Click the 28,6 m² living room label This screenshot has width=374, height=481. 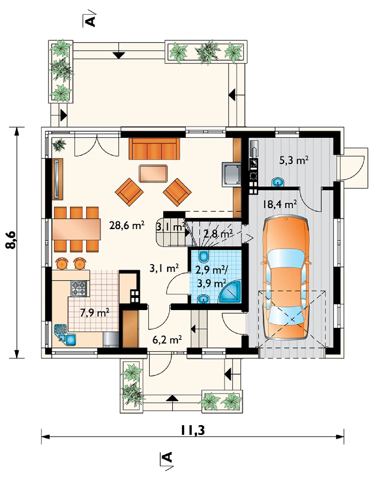127,225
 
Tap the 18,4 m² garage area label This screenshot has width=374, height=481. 279,204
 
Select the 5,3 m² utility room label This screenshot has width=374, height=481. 294,160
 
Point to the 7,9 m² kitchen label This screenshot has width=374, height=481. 95,312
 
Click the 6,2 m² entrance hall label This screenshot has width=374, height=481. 167,340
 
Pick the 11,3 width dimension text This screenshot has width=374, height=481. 193,430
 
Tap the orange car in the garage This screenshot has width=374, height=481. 286,278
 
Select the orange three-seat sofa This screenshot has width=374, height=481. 154,148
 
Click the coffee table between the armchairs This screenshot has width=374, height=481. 153,173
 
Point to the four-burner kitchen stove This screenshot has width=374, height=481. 79,289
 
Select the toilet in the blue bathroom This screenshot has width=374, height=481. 204,256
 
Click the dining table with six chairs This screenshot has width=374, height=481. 77,229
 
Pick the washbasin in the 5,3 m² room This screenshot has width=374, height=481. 278,182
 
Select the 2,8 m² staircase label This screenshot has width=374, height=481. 218,234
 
